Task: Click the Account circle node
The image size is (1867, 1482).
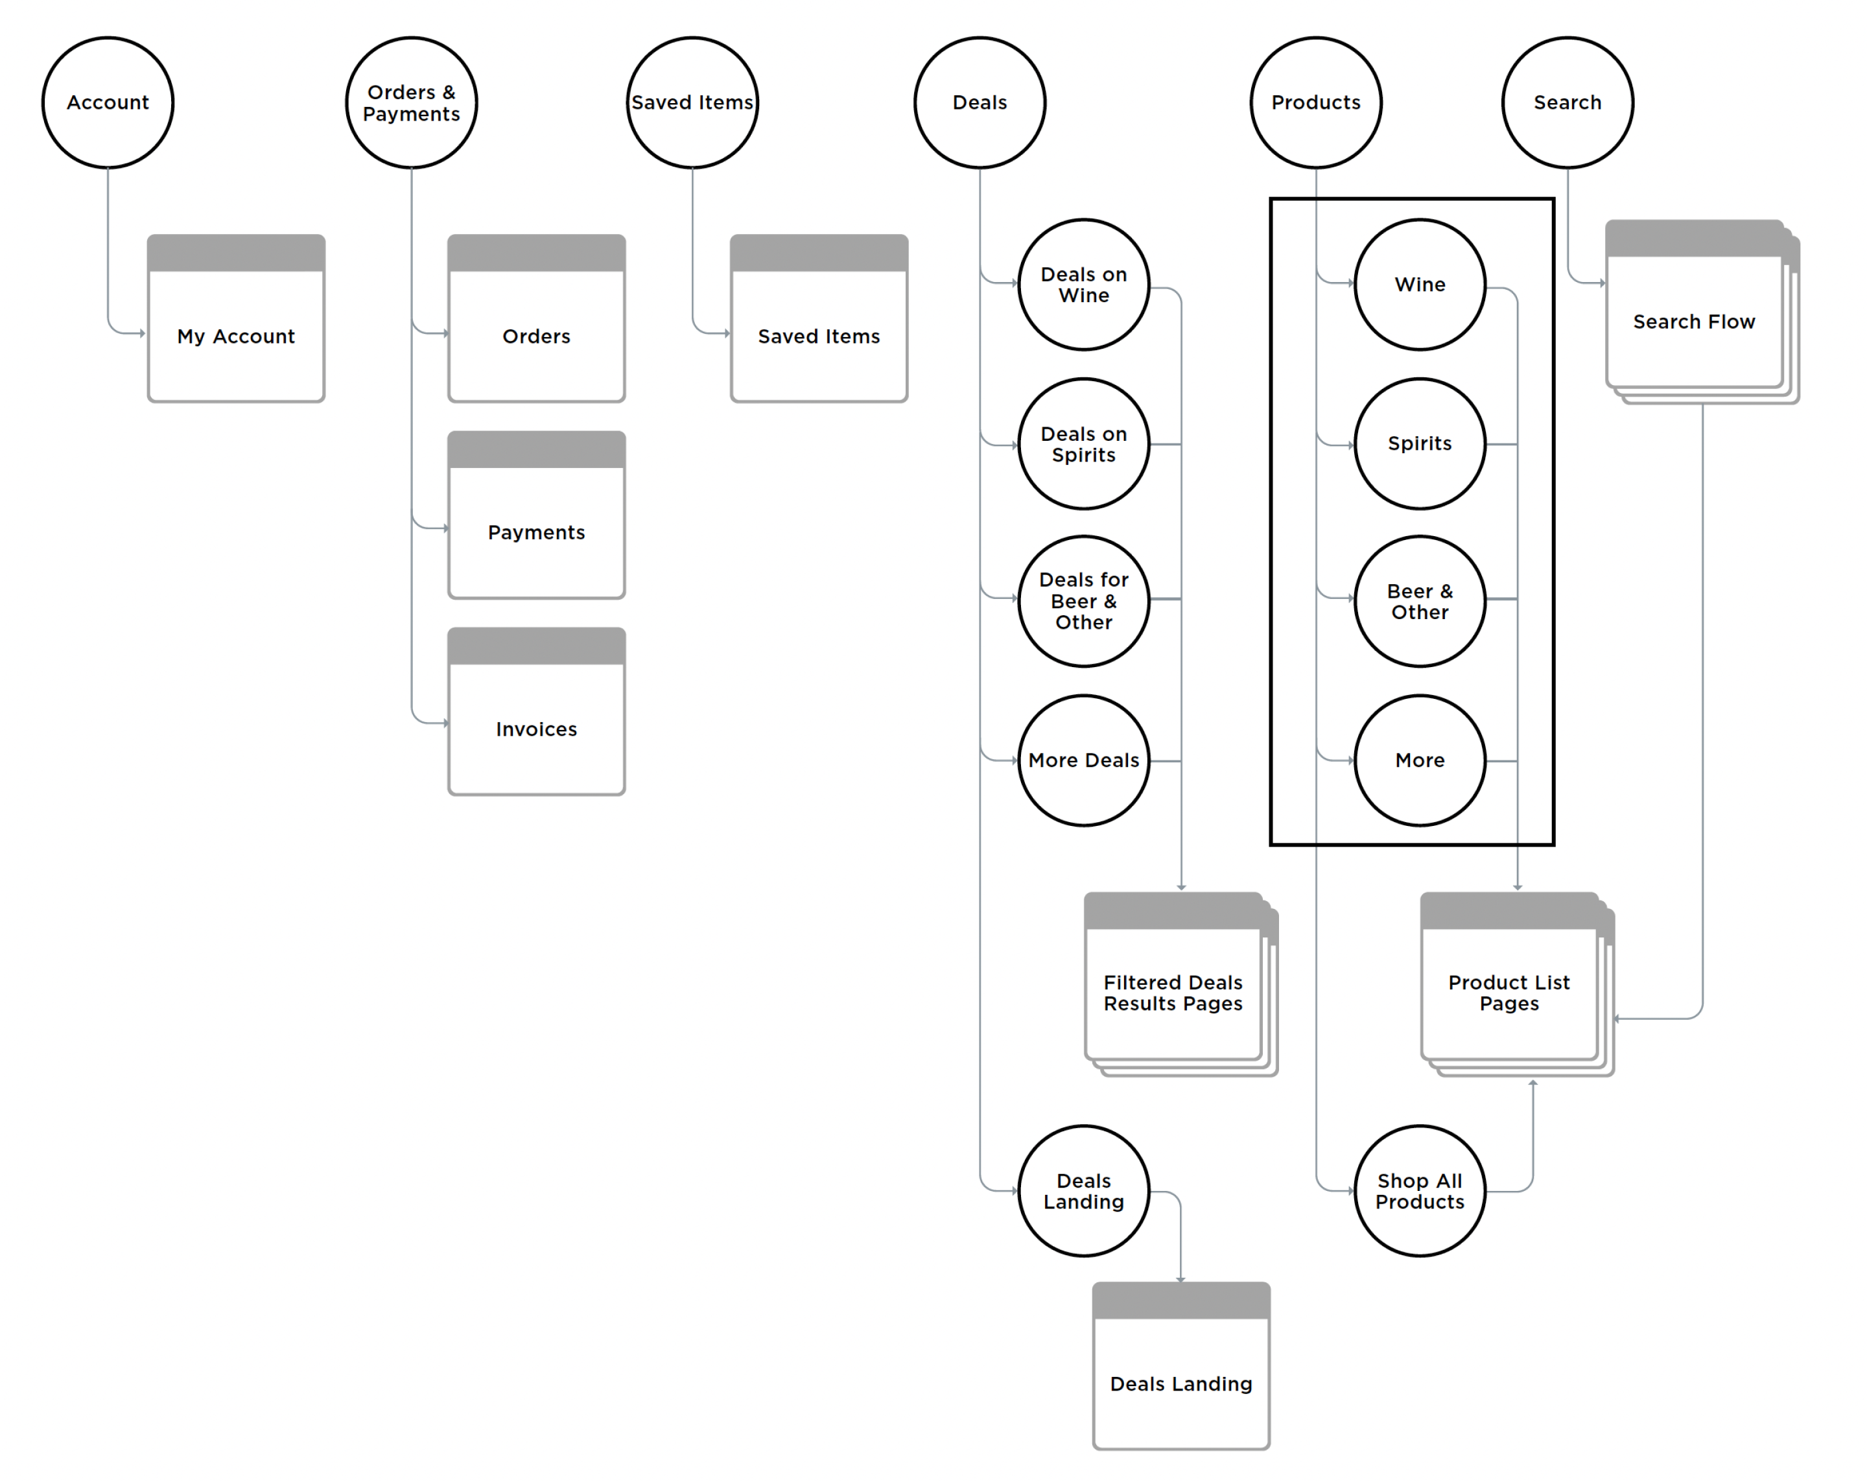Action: click(x=108, y=102)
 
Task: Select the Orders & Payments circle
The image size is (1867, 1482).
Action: click(x=412, y=102)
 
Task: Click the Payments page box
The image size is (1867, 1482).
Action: click(x=536, y=531)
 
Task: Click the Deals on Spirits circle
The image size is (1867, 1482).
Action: click(x=1083, y=443)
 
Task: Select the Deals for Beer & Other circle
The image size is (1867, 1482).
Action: click(x=1083, y=600)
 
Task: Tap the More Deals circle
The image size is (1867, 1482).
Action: click(x=1083, y=760)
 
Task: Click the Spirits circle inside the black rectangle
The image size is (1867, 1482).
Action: click(x=1419, y=443)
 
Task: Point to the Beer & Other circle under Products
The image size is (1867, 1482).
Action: click(x=1419, y=600)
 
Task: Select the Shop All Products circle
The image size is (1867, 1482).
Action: click(x=1419, y=1190)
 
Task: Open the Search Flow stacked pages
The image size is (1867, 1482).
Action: click(x=1694, y=322)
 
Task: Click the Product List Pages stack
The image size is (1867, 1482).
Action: click(x=1509, y=993)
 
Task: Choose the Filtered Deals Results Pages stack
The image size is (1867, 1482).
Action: click(x=1173, y=993)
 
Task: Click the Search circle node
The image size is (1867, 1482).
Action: click(x=1568, y=102)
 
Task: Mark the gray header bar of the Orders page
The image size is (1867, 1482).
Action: click(x=536, y=253)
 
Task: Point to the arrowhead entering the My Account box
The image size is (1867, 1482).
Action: click(x=142, y=333)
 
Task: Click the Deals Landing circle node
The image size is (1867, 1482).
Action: click(x=1083, y=1190)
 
